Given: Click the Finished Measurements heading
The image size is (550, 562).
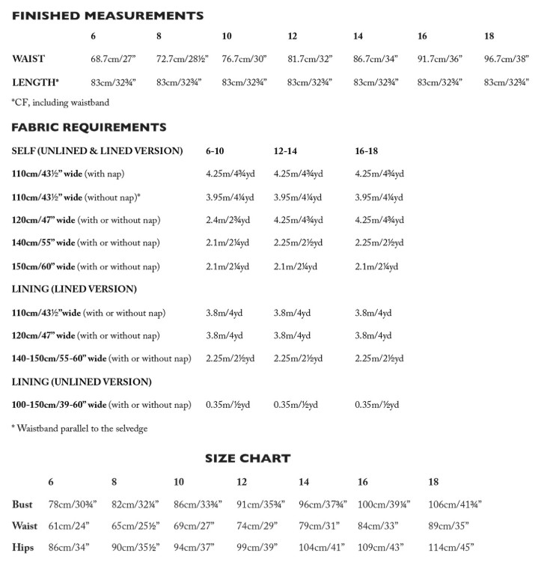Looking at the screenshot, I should [107, 15].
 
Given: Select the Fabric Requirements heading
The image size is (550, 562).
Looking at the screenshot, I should [88, 127].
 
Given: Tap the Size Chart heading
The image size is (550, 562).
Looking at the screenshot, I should [248, 458].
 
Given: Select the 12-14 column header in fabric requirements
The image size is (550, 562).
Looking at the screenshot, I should [285, 151].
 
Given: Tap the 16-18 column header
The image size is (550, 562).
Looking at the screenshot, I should [366, 151].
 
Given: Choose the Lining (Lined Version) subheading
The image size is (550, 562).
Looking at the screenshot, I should [74, 289].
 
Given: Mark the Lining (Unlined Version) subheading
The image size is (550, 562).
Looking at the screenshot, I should [82, 382].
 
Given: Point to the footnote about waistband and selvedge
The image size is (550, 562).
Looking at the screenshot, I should [79, 429].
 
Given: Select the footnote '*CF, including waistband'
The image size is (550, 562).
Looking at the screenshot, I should [59, 103].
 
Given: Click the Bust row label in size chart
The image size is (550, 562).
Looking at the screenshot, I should [22, 505].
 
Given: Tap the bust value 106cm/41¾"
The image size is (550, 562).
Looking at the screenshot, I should [455, 505].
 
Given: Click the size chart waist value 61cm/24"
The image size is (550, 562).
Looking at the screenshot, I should [69, 527].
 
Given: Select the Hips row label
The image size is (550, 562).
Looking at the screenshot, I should [23, 548].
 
